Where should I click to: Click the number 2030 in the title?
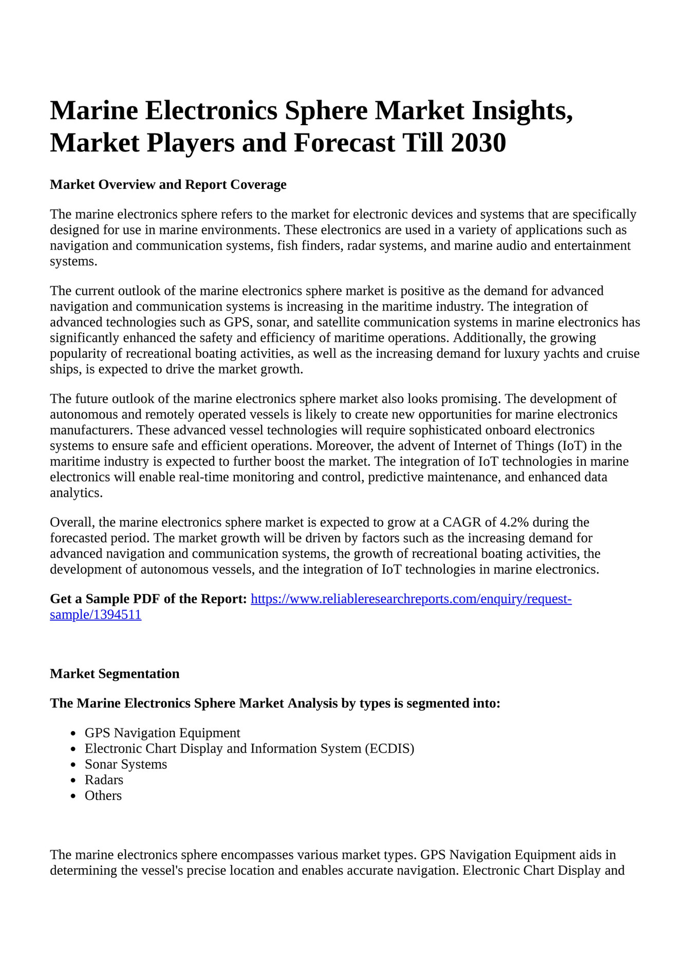(478, 143)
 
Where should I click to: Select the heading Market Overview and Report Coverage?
(168, 185)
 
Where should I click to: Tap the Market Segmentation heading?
(115, 674)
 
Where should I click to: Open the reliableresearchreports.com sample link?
(410, 599)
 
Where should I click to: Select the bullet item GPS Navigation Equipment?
(162, 733)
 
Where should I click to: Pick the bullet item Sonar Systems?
(126, 764)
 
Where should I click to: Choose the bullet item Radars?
(104, 780)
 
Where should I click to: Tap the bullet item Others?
(103, 795)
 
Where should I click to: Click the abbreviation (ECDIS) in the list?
(389, 749)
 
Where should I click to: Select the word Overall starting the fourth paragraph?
(72, 523)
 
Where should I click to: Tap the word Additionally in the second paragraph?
(490, 338)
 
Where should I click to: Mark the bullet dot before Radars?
(73, 780)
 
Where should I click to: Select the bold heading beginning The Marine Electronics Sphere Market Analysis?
(275, 703)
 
